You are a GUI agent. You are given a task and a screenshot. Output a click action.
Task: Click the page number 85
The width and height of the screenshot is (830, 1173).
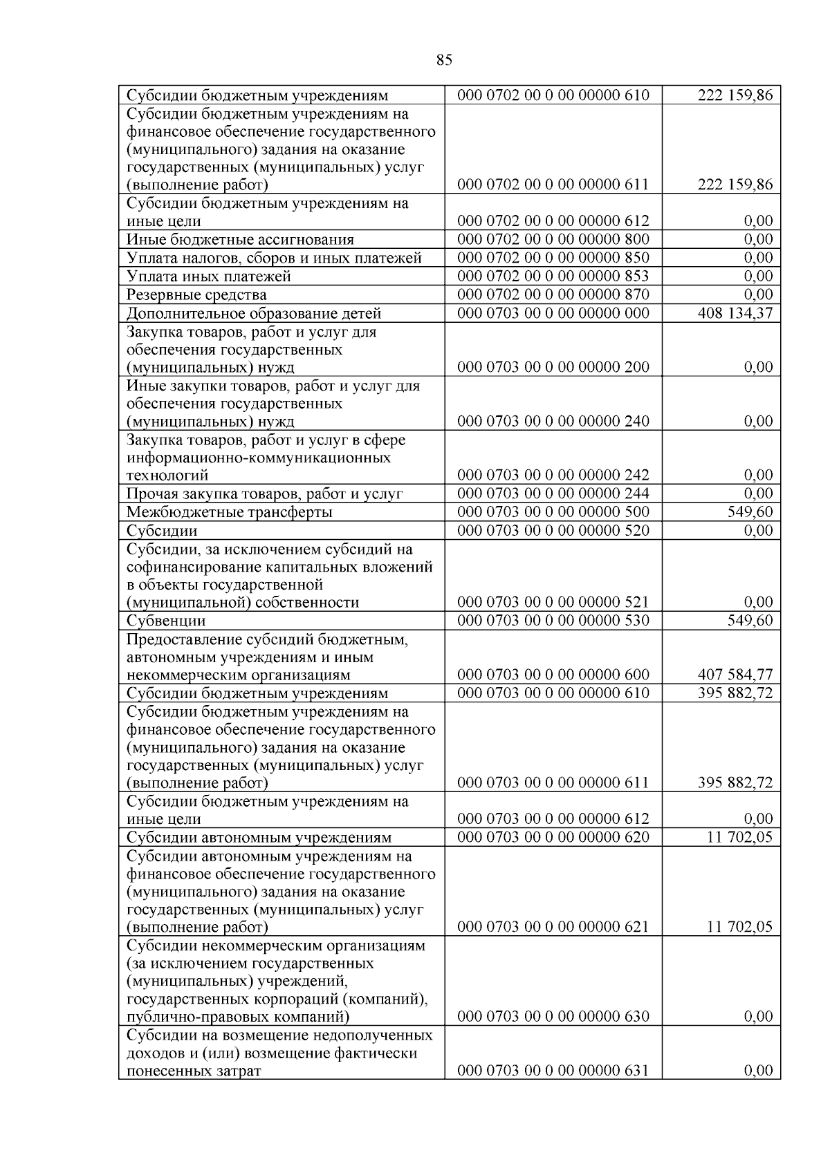[444, 60]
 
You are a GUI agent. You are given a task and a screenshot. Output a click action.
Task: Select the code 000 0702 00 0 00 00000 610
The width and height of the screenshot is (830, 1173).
[553, 95]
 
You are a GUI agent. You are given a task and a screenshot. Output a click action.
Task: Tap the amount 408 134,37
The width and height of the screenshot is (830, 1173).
[735, 313]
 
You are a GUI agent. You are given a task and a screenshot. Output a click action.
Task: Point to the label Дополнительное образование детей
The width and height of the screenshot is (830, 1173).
[254, 314]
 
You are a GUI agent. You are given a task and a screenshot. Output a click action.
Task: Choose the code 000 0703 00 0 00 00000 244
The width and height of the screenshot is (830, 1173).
[553, 494]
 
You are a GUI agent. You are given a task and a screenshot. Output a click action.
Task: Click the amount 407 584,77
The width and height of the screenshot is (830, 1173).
[735, 675]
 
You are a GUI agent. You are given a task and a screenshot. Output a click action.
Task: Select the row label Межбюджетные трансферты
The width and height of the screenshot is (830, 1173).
[229, 512]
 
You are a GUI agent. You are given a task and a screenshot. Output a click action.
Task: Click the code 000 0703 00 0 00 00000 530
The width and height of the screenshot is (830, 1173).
[553, 621]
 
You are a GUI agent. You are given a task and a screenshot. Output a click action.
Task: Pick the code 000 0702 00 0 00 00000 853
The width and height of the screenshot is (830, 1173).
[553, 276]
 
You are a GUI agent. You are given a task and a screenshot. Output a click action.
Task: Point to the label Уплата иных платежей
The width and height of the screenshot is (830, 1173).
[209, 276]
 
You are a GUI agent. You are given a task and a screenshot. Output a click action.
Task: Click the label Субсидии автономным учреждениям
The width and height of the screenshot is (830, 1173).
[259, 838]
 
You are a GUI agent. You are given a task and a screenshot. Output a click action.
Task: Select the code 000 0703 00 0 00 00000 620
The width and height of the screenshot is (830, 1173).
[553, 838]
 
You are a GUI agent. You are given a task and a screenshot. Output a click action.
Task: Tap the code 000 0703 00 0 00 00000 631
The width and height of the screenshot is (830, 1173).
[553, 1071]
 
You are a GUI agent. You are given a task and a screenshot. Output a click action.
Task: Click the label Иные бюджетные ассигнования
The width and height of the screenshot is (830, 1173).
[240, 240]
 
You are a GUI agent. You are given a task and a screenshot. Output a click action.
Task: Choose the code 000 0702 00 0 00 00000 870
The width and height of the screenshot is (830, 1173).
[553, 295]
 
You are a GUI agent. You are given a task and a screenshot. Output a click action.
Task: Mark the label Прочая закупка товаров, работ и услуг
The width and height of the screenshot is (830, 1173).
[264, 494]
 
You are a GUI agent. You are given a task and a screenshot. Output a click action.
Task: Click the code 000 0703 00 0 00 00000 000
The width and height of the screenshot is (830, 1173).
[553, 313]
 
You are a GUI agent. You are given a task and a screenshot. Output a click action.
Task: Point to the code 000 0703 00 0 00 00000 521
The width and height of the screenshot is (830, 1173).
[553, 602]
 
